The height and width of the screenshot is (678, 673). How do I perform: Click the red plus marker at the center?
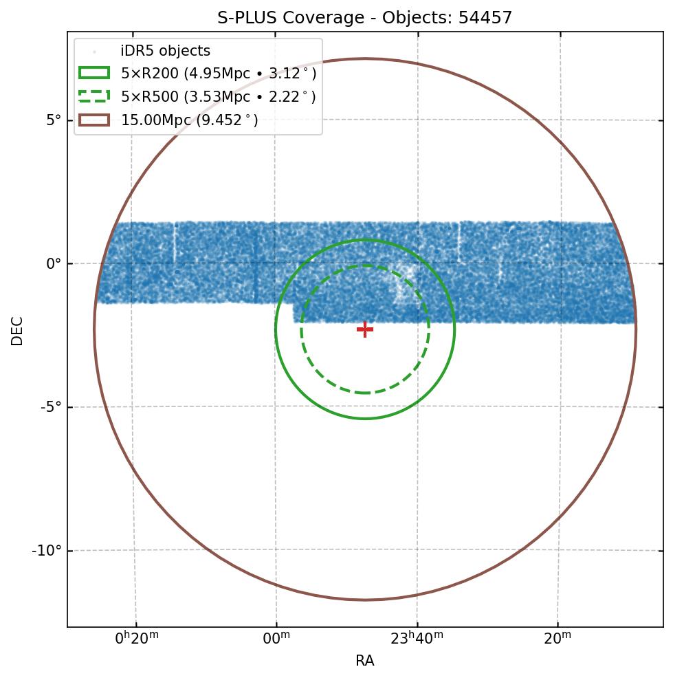pyautogui.click(x=365, y=329)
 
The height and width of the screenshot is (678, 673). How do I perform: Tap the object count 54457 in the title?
pyautogui.click(x=485, y=18)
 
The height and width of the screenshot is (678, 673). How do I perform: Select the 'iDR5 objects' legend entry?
pyautogui.click(x=166, y=52)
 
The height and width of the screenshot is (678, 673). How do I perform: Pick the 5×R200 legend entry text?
pyautogui.click(x=219, y=74)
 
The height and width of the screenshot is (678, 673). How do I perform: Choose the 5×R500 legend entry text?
pyautogui.click(x=219, y=97)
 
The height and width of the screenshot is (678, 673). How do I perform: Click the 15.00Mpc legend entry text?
pyautogui.click(x=190, y=120)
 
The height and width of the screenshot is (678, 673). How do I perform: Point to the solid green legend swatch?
pyautogui.click(x=94, y=74)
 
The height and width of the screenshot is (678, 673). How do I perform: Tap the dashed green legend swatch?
pyautogui.click(x=94, y=97)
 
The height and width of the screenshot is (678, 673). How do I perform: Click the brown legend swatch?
pyautogui.click(x=94, y=120)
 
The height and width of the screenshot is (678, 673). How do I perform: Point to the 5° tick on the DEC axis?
pyautogui.click(x=54, y=120)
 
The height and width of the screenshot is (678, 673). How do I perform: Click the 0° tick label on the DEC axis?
pyautogui.click(x=54, y=263)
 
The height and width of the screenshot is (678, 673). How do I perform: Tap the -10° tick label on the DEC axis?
pyautogui.click(x=47, y=551)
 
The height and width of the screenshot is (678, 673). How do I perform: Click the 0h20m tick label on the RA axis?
pyautogui.click(x=137, y=639)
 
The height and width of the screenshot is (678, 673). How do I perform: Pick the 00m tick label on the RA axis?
pyautogui.click(x=276, y=639)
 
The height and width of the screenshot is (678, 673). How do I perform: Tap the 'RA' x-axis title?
pyautogui.click(x=365, y=661)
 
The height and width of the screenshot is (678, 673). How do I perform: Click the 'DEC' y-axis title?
pyautogui.click(x=16, y=331)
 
